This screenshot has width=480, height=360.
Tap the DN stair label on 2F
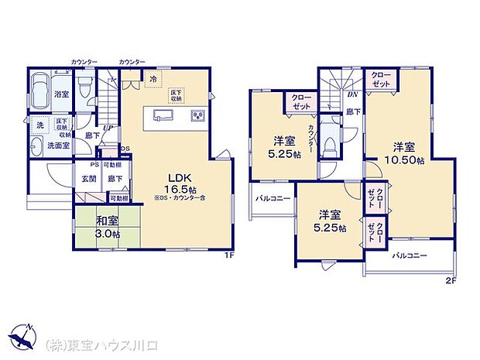tap(351, 94)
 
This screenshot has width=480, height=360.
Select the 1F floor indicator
tap(229, 255)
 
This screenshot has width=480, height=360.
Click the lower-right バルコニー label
tap(410, 255)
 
